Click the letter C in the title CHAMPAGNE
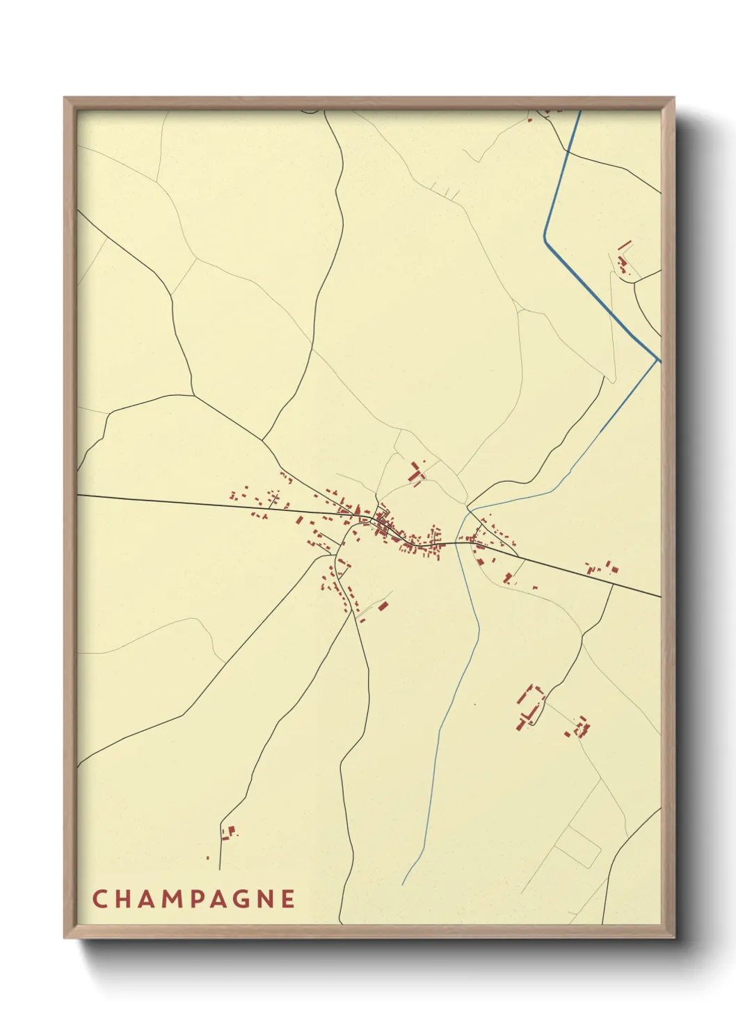[99, 898]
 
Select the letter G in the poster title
[239, 898]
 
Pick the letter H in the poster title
[122, 898]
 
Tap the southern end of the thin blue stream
[403, 884]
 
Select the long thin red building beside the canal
[625, 245]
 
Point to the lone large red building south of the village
[382, 606]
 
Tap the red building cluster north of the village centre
[417, 473]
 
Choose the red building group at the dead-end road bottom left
[228, 832]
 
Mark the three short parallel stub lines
[442, 188]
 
